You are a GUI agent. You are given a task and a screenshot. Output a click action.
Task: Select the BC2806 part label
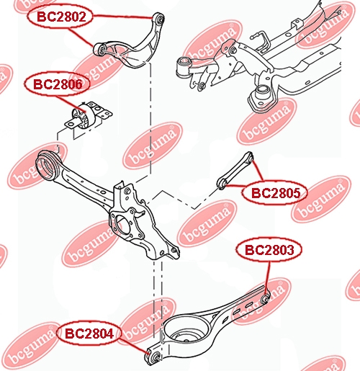pyautogui.click(x=57, y=84)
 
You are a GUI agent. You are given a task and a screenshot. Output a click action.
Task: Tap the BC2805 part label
pyautogui.click(x=275, y=193)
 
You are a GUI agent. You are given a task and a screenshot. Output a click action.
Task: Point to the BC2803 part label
pyautogui.click(x=269, y=250)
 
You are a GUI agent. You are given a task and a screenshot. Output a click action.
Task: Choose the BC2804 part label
pyautogui.click(x=89, y=334)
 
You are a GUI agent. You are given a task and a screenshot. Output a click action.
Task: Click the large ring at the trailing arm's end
pyautogui.click(x=47, y=166)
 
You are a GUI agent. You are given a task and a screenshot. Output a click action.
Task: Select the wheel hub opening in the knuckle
pyautogui.click(x=120, y=225)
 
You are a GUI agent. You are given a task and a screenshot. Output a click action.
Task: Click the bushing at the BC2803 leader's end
pyautogui.click(x=265, y=298)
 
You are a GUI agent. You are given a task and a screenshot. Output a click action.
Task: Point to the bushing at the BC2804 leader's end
pyautogui.click(x=155, y=356)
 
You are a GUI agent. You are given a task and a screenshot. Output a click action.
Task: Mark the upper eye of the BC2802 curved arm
pyautogui.click(x=159, y=18)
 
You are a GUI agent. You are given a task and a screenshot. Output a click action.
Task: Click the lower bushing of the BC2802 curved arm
pyautogui.click(x=100, y=50)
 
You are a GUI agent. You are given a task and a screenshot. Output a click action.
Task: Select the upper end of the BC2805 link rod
pyautogui.click(x=249, y=156)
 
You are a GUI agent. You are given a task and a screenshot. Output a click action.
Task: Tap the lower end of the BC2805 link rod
pyautogui.click(x=222, y=184)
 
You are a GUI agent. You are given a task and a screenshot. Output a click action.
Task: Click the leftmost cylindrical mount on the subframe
pyautogui.click(x=184, y=66)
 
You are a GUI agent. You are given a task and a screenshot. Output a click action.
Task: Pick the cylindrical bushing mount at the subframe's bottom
pyautogui.click(x=262, y=95)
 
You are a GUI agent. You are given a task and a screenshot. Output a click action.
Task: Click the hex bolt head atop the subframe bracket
pyautogui.click(x=233, y=50)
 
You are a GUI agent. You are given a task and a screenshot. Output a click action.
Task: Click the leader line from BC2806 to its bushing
pyautogui.click(x=71, y=103)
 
